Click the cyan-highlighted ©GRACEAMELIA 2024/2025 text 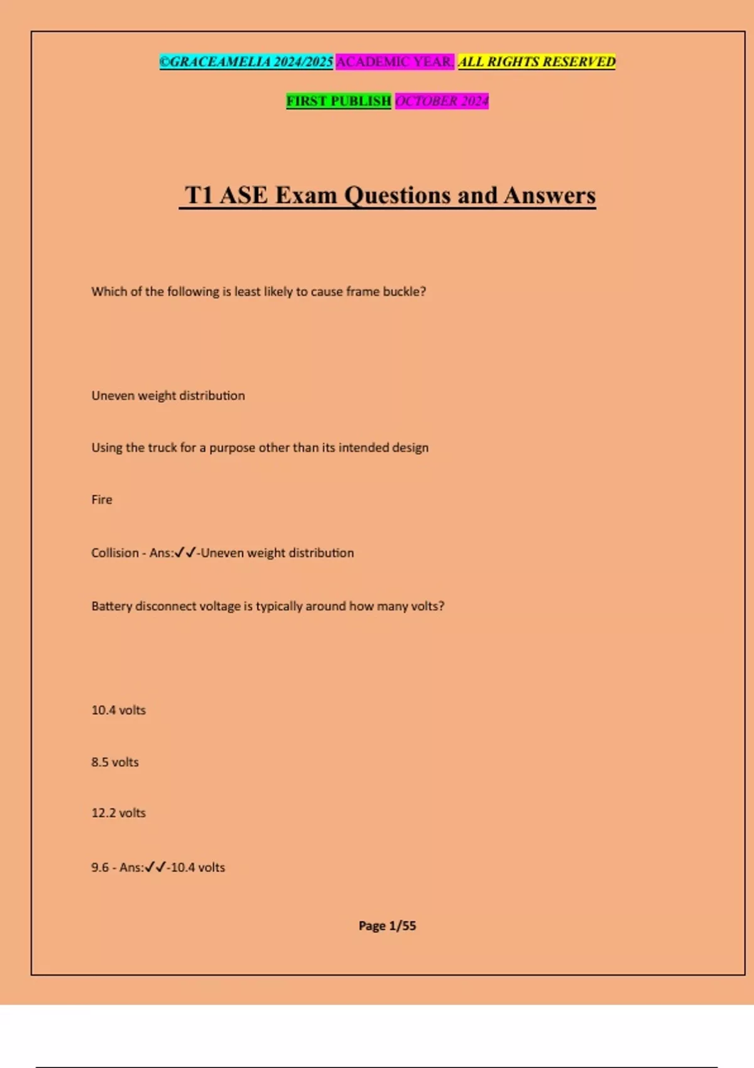246,62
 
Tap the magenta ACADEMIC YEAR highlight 395,62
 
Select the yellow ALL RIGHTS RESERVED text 537,62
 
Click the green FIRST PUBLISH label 339,101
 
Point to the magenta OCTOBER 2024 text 442,101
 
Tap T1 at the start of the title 199,195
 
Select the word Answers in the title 549,195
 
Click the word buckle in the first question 403,292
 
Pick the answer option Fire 102,499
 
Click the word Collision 115,553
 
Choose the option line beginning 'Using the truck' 260,447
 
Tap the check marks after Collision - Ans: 185,553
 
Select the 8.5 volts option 115,762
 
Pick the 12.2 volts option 119,813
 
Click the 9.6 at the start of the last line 100,868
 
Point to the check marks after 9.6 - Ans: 155,868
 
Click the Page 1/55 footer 387,925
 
